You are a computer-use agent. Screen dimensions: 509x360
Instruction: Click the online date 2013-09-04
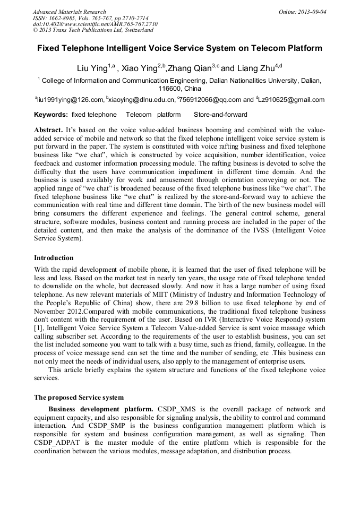coord(312,12)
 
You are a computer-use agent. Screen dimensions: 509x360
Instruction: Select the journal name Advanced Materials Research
coord(69,12)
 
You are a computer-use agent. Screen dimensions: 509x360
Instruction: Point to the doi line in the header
coord(95,24)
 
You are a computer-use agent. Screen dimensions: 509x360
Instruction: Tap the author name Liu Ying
coord(92,68)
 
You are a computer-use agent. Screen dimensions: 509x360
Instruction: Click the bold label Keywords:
coord(51,115)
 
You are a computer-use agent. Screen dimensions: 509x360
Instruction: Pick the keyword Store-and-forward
coord(220,115)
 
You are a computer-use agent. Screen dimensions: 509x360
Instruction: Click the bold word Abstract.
coord(48,130)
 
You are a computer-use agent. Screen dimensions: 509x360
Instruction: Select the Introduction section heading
coord(54,258)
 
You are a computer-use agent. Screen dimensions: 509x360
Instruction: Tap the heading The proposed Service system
coord(79,398)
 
